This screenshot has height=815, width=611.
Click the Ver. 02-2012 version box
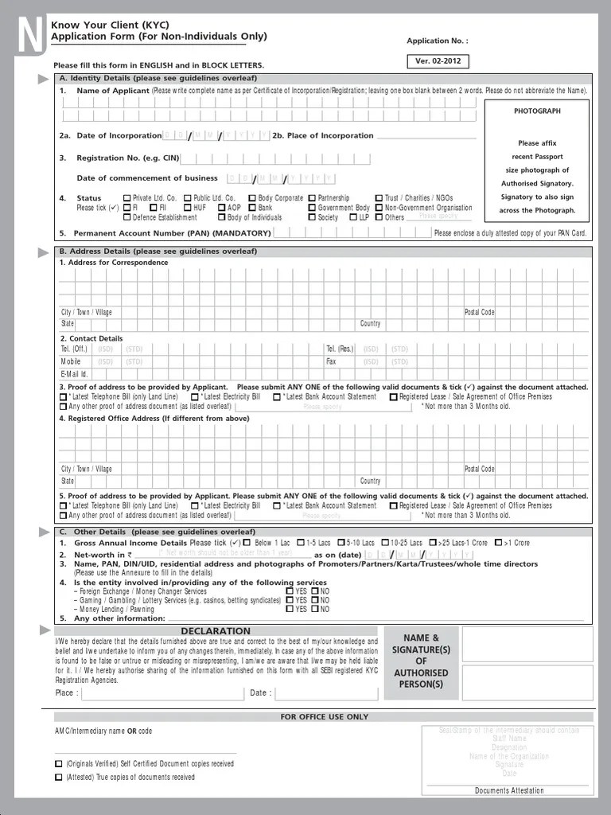pos(437,61)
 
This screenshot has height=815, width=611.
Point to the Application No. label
pos(438,41)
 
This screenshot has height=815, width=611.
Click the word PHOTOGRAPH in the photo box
pos(537,111)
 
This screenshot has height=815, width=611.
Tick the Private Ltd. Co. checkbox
pos(127,198)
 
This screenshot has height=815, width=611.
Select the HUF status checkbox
pos(188,208)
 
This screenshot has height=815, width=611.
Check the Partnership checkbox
pos(312,198)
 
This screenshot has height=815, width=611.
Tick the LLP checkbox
pos(353,217)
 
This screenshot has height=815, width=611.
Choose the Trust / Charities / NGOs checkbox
pos(379,198)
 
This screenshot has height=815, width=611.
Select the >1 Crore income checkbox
pos(498,544)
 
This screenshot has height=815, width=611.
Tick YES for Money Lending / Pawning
pos(290,610)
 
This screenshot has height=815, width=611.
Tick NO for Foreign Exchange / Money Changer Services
pos(315,591)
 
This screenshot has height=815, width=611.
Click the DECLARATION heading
pos(216,631)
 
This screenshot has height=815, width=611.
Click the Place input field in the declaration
pos(162,693)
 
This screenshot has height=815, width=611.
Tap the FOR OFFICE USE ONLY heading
pos(325,716)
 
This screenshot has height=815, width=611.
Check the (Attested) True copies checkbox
pos(59,777)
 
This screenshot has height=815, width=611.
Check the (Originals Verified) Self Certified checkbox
pos(59,763)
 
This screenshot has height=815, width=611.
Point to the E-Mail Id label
pos(74,374)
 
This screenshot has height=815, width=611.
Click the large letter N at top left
pos(29,37)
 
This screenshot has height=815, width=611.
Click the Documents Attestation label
pos(509,790)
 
